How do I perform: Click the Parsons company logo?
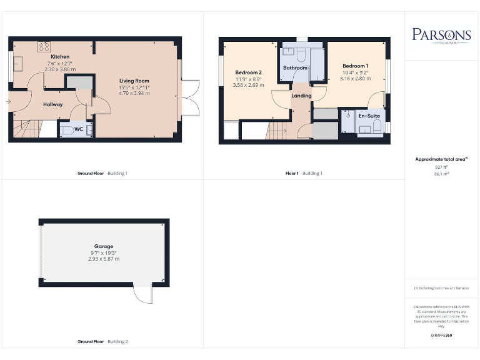point(441,35)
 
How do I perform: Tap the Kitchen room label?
point(60,57)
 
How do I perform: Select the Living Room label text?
point(135,81)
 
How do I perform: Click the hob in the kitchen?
point(44,47)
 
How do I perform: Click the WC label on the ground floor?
point(79,129)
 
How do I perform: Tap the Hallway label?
point(52,104)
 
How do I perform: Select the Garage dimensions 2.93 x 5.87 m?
point(104,259)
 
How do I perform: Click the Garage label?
point(104,246)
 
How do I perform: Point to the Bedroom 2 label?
point(248,72)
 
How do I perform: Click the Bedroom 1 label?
point(355,66)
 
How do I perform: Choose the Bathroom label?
point(295,67)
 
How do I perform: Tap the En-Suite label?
point(368,116)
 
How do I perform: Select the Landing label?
point(301,96)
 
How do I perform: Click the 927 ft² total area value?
point(441,167)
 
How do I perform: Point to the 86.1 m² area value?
point(441,174)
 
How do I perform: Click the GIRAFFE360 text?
point(441,336)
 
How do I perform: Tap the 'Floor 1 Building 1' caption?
point(304,173)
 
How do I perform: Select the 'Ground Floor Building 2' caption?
point(102,342)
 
